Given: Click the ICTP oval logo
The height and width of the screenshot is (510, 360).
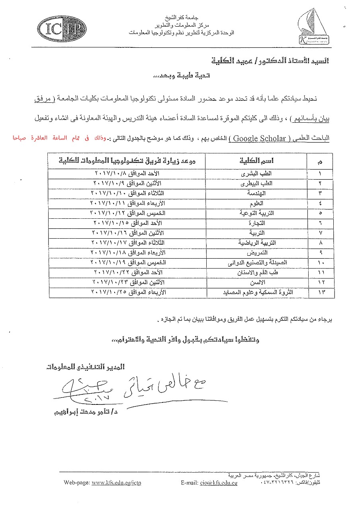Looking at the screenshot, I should point(62,29).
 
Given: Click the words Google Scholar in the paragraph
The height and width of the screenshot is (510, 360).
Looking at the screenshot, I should point(259,139).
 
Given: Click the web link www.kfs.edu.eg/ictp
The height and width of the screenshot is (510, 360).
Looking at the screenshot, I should point(116,483).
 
